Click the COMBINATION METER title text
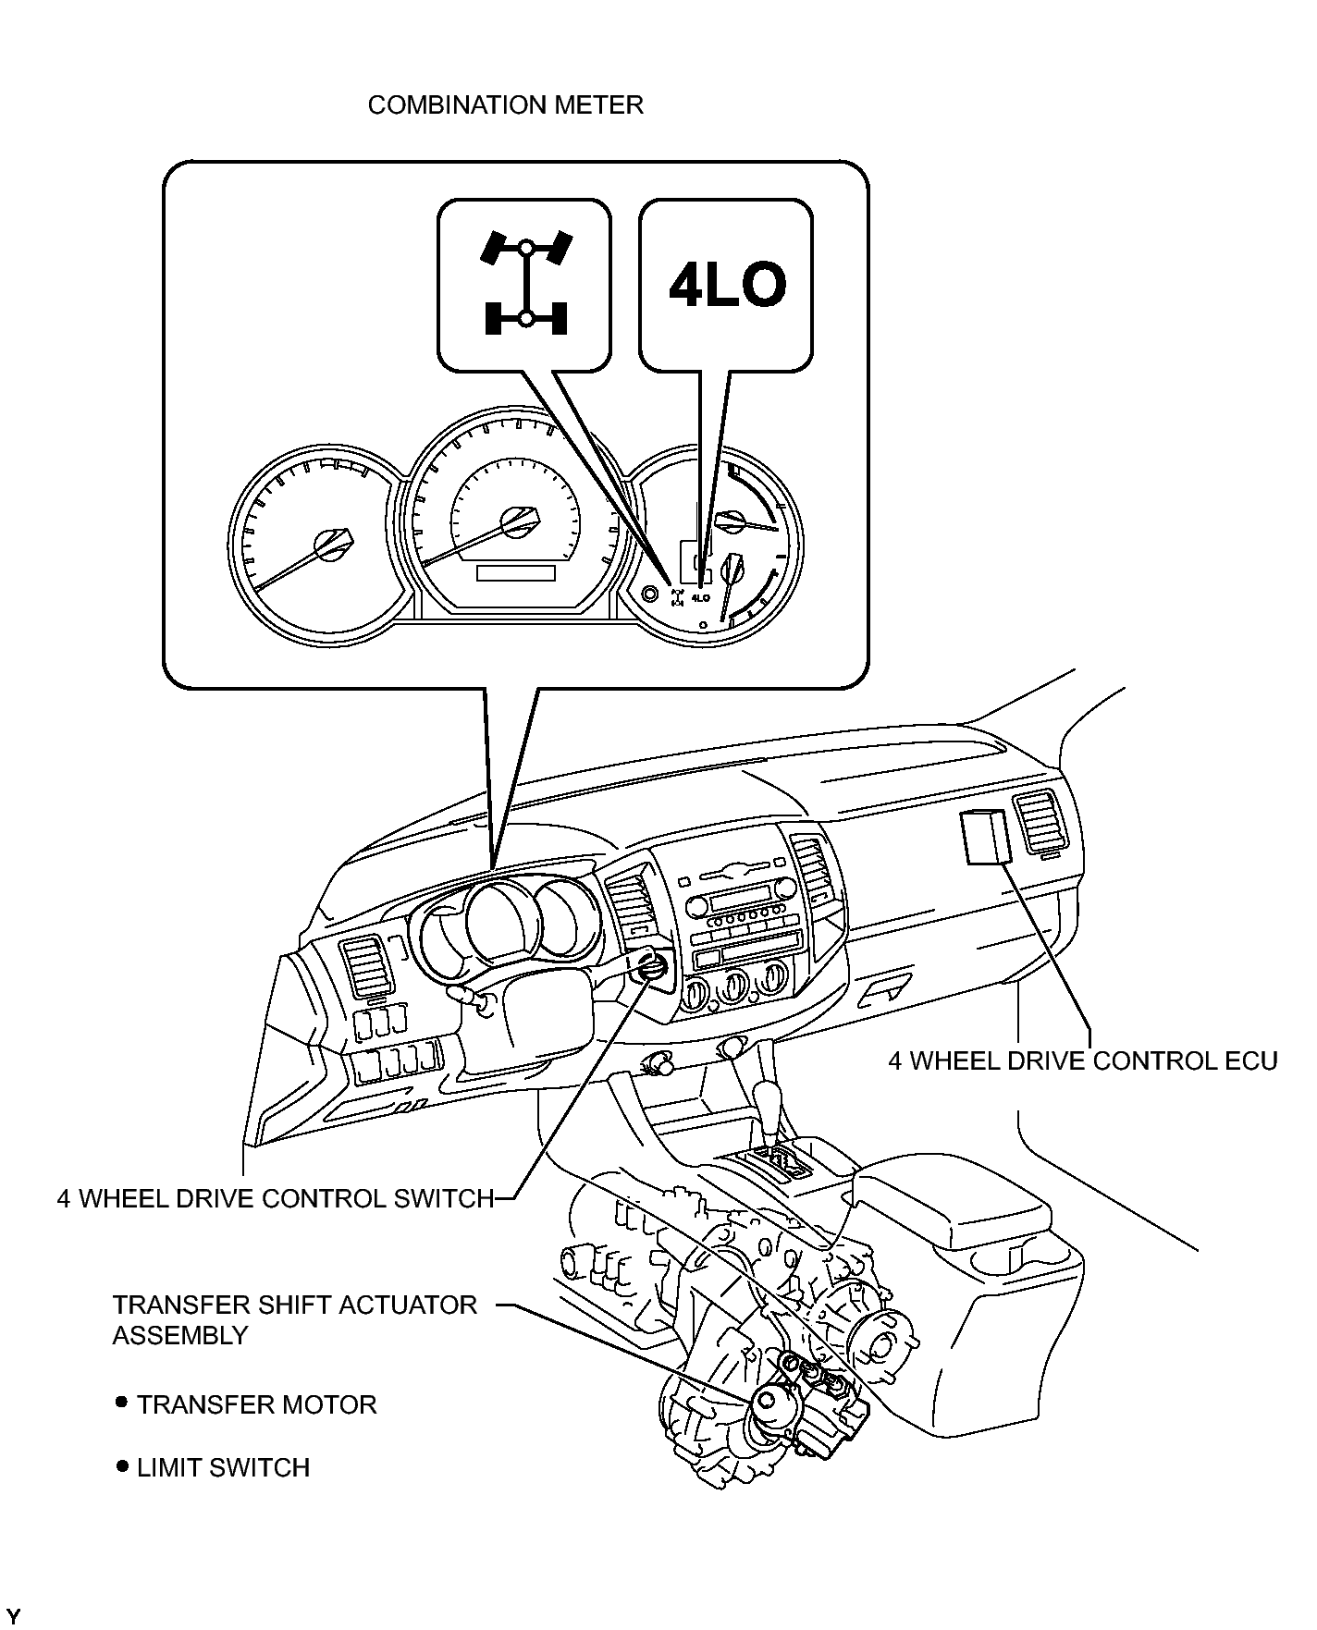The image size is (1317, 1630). click(x=505, y=104)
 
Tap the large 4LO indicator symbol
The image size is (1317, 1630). click(x=727, y=285)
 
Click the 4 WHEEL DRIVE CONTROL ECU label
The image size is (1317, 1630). click(x=1082, y=1060)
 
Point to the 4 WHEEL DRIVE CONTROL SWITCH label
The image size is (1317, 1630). click(x=276, y=1198)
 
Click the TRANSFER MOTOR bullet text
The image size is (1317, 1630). click(x=256, y=1404)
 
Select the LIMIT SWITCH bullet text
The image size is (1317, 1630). click(x=223, y=1467)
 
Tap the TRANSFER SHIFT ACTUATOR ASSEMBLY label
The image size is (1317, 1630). click(x=295, y=1319)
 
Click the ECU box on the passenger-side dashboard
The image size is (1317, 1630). click(x=984, y=837)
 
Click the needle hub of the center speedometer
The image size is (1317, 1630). click(x=516, y=523)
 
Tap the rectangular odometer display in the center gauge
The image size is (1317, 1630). click(x=515, y=573)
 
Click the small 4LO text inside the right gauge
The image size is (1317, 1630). click(x=700, y=598)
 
